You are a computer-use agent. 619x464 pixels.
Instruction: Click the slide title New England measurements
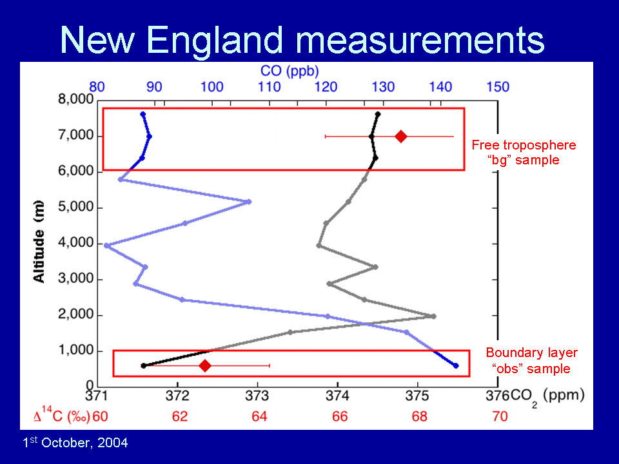(302, 40)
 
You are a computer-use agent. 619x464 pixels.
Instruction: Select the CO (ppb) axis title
(290, 71)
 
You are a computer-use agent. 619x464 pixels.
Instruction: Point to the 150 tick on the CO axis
(498, 87)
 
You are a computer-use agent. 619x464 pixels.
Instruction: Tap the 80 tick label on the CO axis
(97, 87)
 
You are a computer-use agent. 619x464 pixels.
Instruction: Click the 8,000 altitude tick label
(76, 99)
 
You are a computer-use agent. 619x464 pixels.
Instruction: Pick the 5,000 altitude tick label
(76, 207)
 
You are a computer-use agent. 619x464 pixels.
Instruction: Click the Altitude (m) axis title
(39, 242)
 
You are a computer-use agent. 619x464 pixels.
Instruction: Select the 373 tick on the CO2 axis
(257, 395)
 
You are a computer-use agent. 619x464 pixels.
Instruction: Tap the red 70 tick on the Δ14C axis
(500, 416)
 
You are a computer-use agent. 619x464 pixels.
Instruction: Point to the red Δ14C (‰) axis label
(62, 414)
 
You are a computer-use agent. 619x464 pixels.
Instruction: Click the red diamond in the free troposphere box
(401, 137)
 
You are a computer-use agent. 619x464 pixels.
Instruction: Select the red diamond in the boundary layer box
(205, 366)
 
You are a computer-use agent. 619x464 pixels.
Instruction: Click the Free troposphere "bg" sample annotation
(524, 152)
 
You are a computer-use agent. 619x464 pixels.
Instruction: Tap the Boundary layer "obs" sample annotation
(532, 360)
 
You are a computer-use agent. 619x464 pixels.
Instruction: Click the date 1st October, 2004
(75, 442)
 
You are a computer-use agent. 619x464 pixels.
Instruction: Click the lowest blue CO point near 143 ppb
(456, 366)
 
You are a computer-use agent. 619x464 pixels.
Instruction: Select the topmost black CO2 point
(378, 114)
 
